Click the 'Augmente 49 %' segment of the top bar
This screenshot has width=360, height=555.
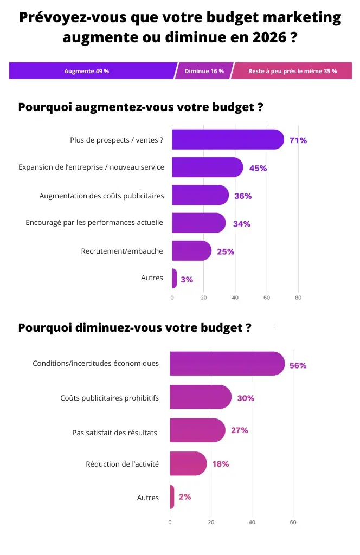pos(87,71)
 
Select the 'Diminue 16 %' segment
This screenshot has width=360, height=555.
pos(204,71)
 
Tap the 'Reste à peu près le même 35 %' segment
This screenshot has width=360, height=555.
pos(292,71)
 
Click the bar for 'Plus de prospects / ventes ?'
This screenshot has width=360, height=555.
pos(228,140)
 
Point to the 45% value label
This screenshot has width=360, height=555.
pos(258,168)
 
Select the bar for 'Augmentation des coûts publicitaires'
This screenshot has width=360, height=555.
pos(200,196)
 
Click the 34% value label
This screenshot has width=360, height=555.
pos(242,224)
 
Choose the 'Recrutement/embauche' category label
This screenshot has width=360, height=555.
pos(122,251)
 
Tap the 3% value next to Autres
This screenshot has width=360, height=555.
pos(187,280)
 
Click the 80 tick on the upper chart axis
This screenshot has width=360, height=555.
pos(298,298)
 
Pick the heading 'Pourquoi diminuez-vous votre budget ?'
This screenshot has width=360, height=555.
pos(134,328)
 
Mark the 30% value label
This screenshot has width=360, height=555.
pos(246,398)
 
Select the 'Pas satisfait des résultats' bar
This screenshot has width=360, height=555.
pos(197,430)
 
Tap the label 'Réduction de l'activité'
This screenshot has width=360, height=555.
pos(123,464)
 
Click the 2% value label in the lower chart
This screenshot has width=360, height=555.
pos(184,496)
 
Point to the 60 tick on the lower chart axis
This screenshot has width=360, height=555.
pos(293,522)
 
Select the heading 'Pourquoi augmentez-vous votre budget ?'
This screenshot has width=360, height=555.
pos(141,107)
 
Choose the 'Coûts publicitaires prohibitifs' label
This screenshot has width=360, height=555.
pos(110,398)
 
